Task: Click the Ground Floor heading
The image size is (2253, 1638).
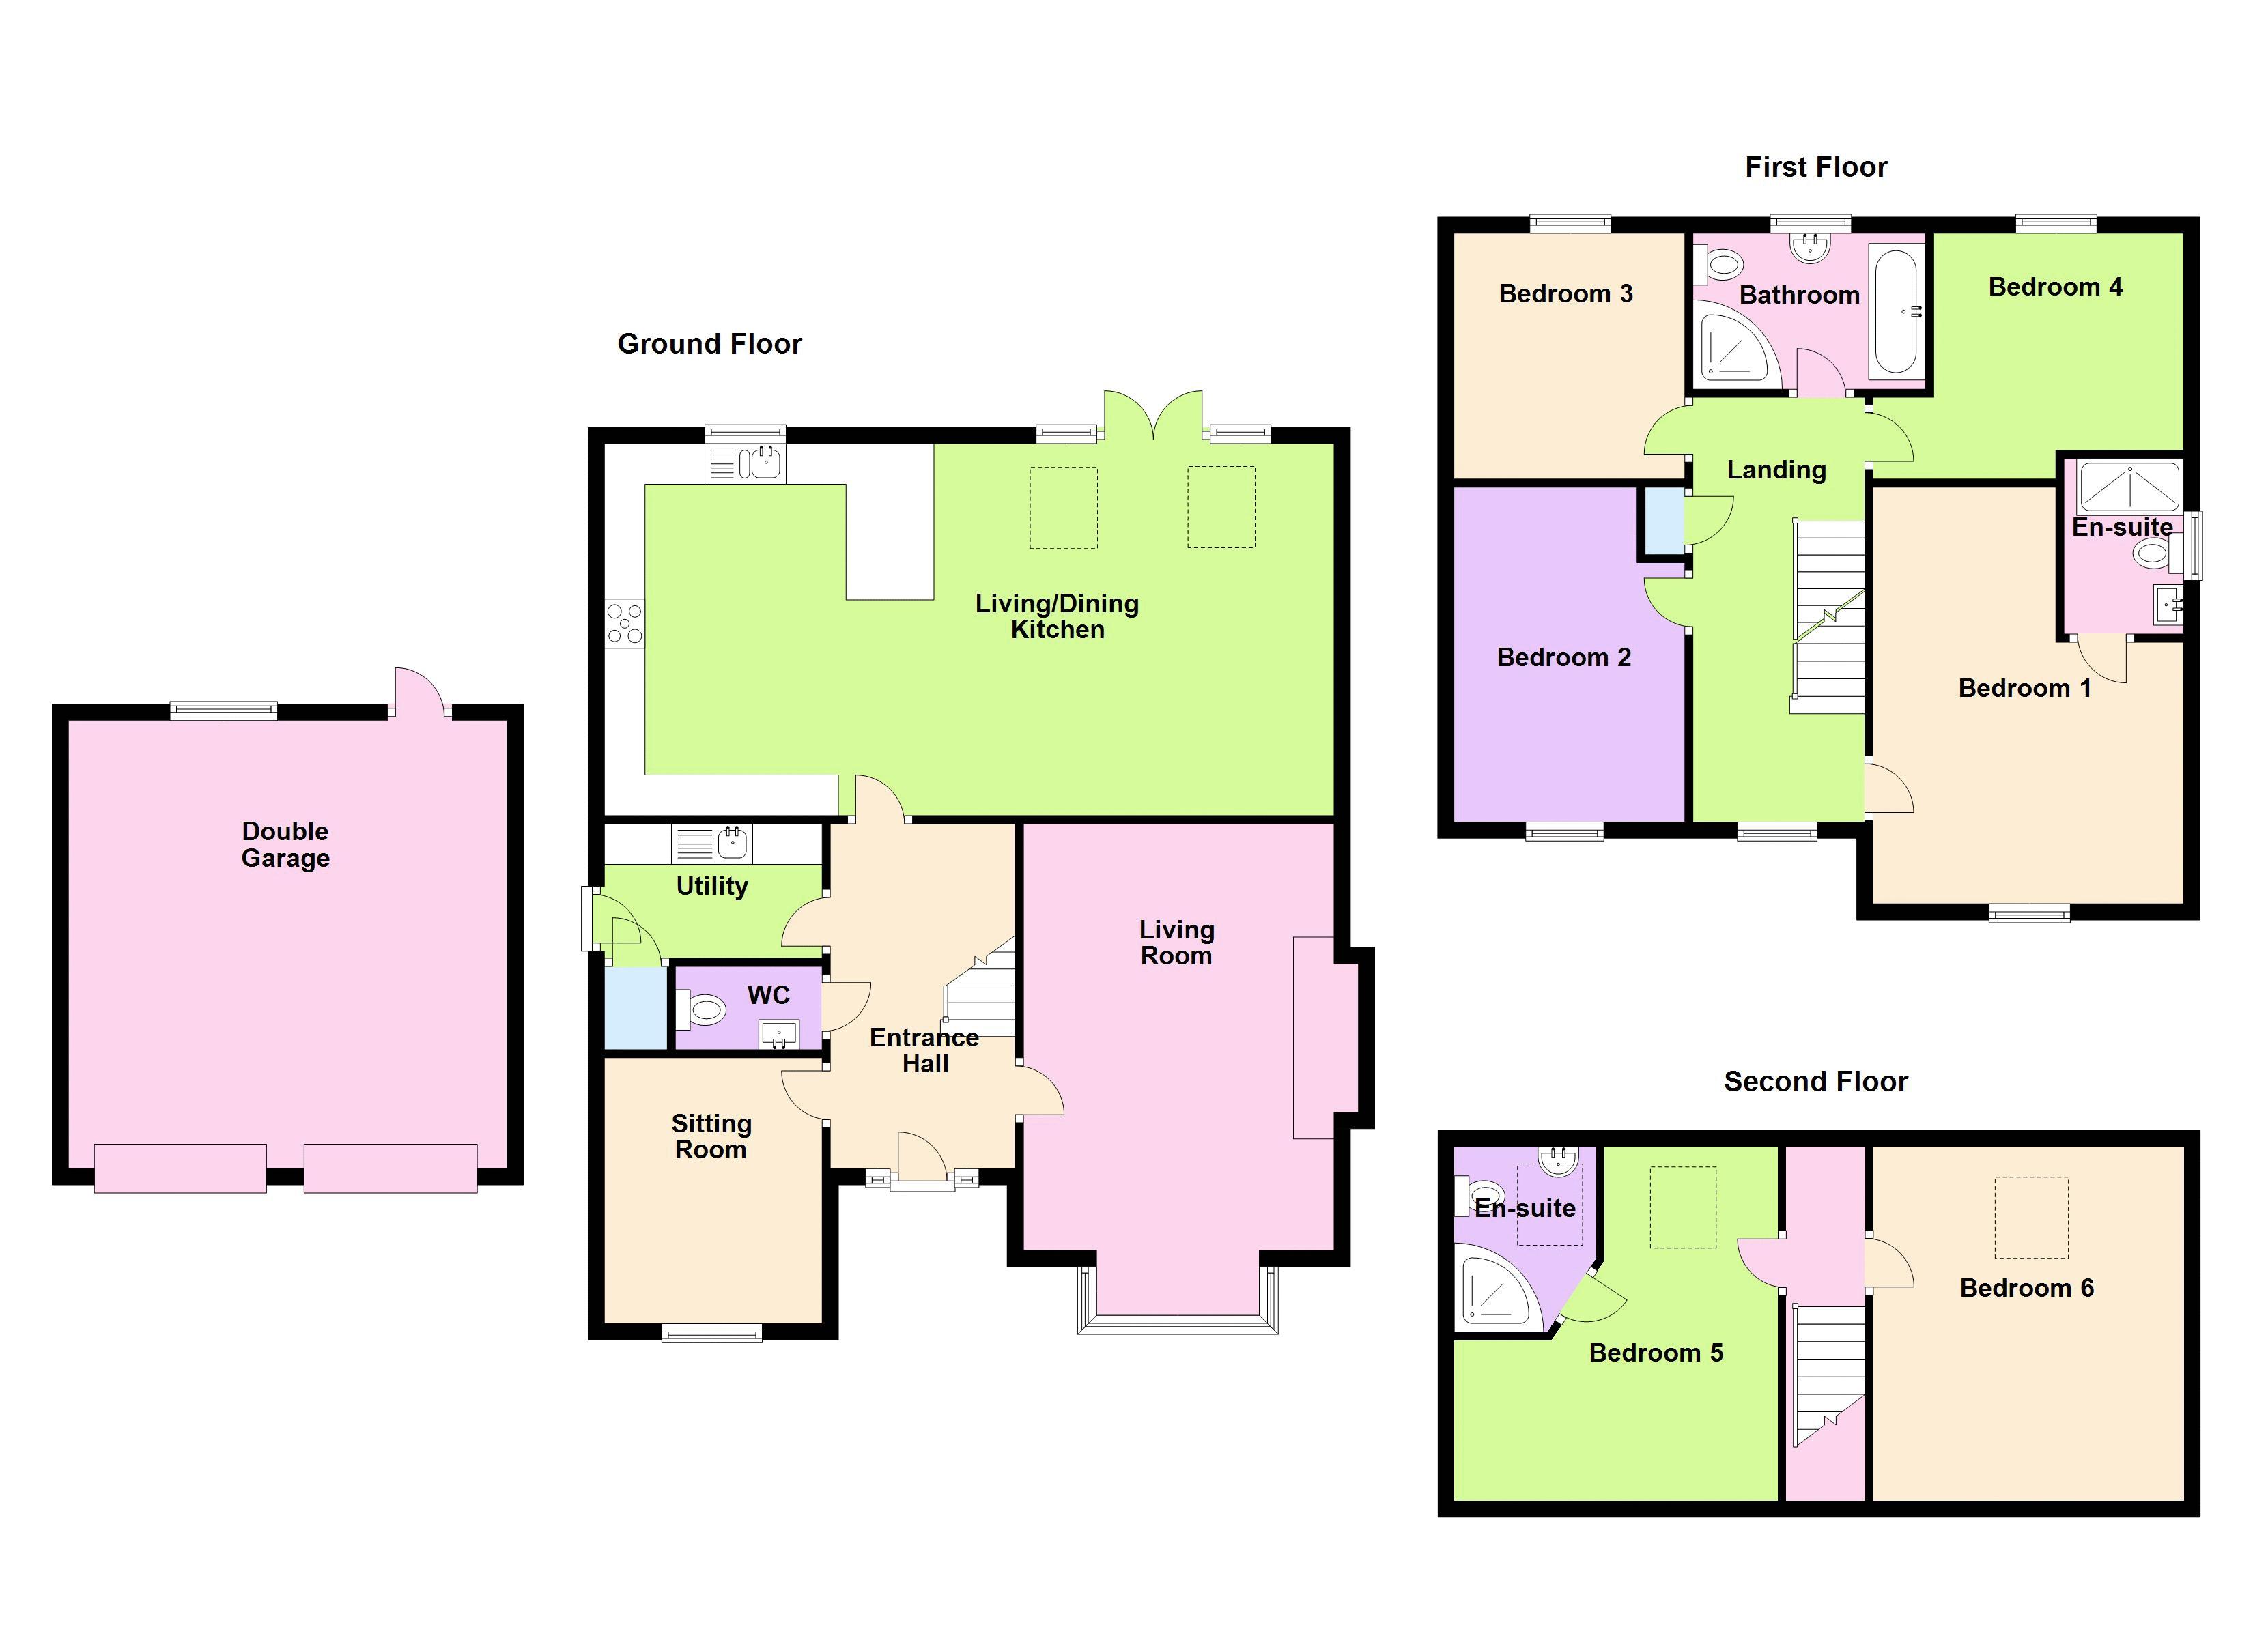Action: (x=709, y=344)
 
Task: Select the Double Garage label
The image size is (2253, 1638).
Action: (x=285, y=844)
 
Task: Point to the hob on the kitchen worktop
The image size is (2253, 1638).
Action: (x=625, y=624)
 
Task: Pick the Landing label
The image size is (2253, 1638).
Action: (x=1776, y=470)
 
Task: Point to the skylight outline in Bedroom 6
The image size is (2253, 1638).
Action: (x=2032, y=1218)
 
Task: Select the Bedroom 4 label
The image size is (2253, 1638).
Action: (x=2054, y=287)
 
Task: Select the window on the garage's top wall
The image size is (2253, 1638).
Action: (x=223, y=709)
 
